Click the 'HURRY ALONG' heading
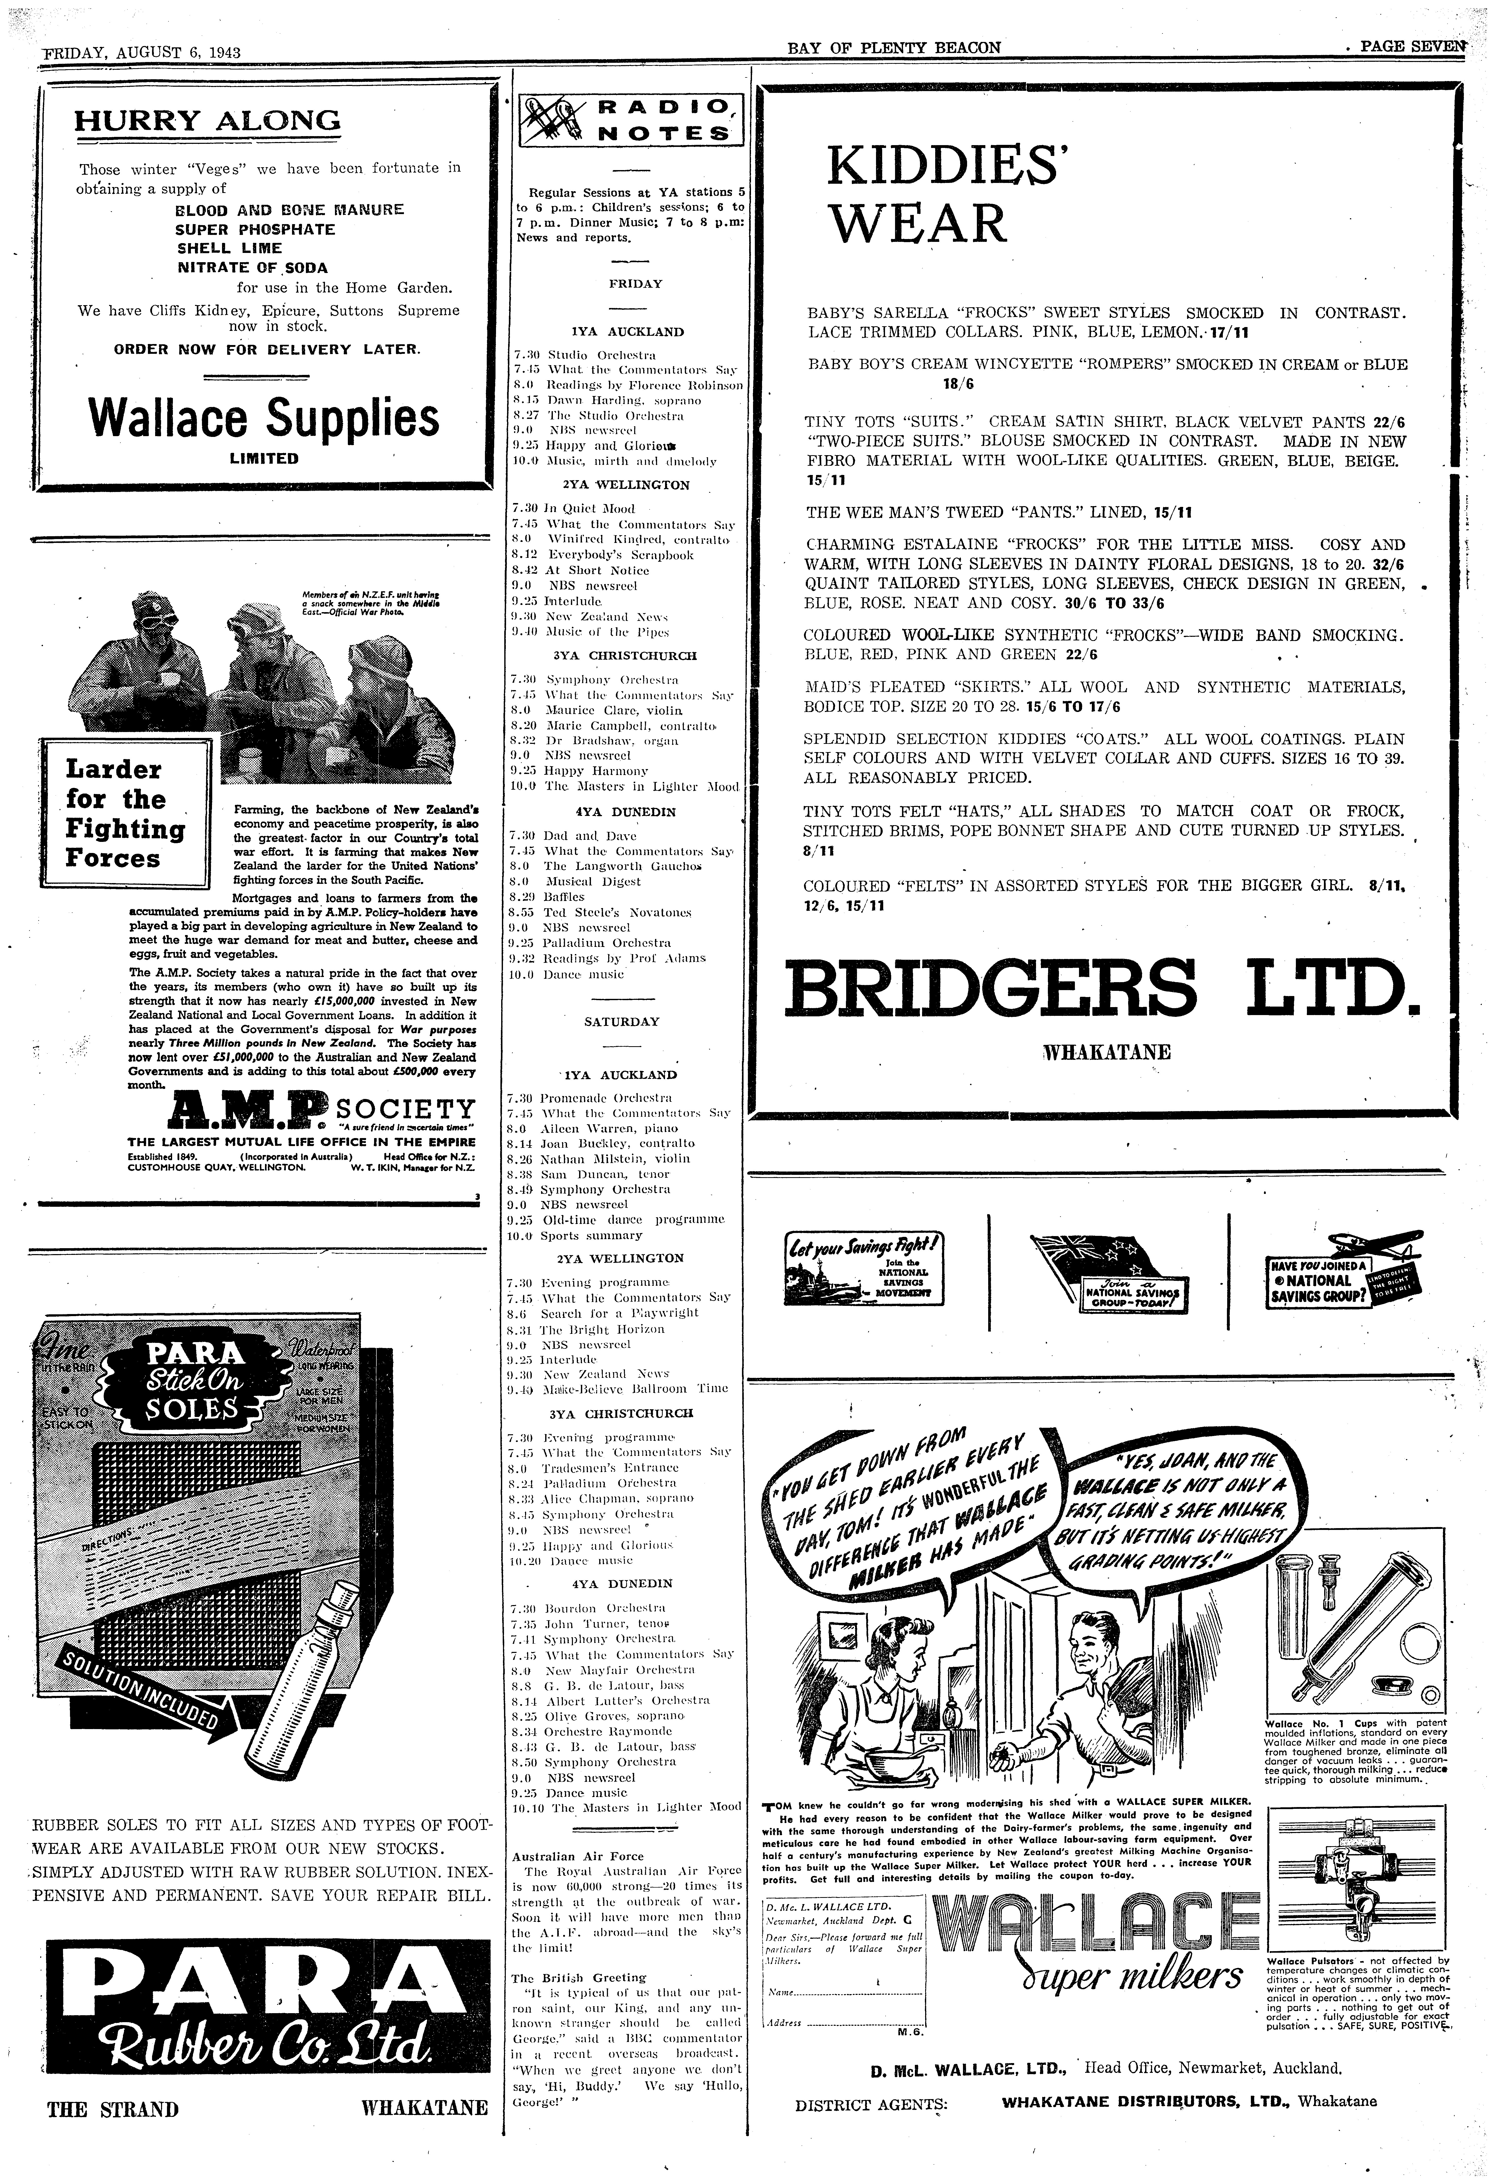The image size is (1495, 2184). tap(208, 121)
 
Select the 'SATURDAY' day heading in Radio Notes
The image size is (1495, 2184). tap(622, 1021)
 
